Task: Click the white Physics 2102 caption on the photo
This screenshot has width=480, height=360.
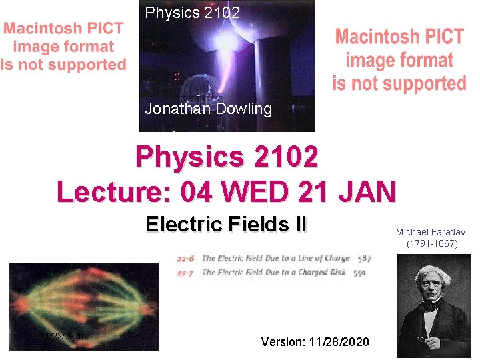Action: [x=192, y=13]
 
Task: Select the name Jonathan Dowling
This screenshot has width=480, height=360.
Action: [x=209, y=109]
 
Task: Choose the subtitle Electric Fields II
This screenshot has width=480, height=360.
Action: [x=226, y=224]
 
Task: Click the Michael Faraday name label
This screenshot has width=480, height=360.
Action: [x=431, y=232]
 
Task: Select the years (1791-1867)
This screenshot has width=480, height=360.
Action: [x=432, y=243]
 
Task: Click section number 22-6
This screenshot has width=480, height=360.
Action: [x=187, y=258]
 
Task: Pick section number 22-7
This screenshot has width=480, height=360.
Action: [x=187, y=271]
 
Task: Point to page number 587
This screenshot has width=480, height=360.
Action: [x=364, y=258]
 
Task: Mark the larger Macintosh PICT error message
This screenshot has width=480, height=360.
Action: [x=399, y=60]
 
